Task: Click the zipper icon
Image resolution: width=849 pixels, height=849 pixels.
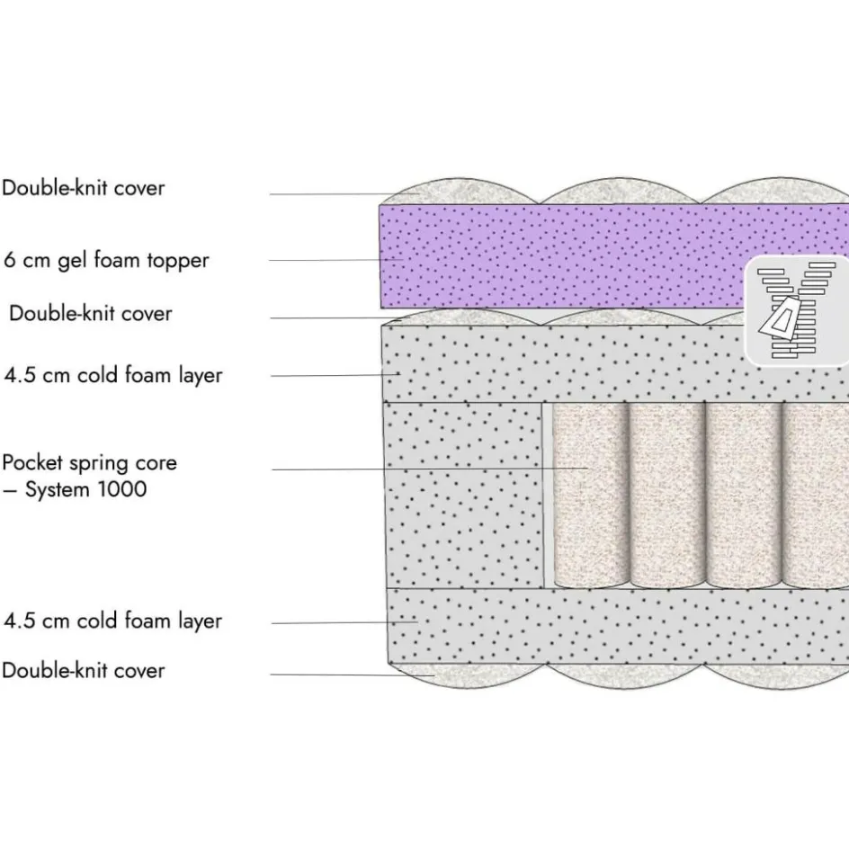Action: (796, 310)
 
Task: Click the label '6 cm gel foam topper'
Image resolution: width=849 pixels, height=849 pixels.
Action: (106, 260)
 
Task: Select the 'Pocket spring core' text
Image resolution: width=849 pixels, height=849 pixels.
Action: (90, 463)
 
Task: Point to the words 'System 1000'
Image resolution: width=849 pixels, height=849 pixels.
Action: (85, 490)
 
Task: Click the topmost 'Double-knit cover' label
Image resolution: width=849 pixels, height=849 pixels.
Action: (84, 188)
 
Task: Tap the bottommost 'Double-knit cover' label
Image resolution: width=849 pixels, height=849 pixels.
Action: (84, 670)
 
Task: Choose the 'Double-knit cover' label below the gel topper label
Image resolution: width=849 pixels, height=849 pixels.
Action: (90, 313)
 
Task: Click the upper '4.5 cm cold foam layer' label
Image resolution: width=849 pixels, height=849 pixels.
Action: (113, 374)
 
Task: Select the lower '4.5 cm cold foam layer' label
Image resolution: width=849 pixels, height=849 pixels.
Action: (113, 621)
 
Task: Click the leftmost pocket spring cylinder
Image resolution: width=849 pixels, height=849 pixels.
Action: (589, 495)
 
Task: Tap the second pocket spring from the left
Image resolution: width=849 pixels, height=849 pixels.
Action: (666, 495)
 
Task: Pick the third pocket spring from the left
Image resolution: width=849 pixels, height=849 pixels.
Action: (743, 495)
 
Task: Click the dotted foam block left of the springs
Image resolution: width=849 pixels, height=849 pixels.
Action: (463, 495)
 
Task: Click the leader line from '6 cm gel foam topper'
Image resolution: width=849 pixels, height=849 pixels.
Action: (333, 260)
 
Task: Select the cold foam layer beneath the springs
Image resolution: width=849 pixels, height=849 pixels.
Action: (612, 627)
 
